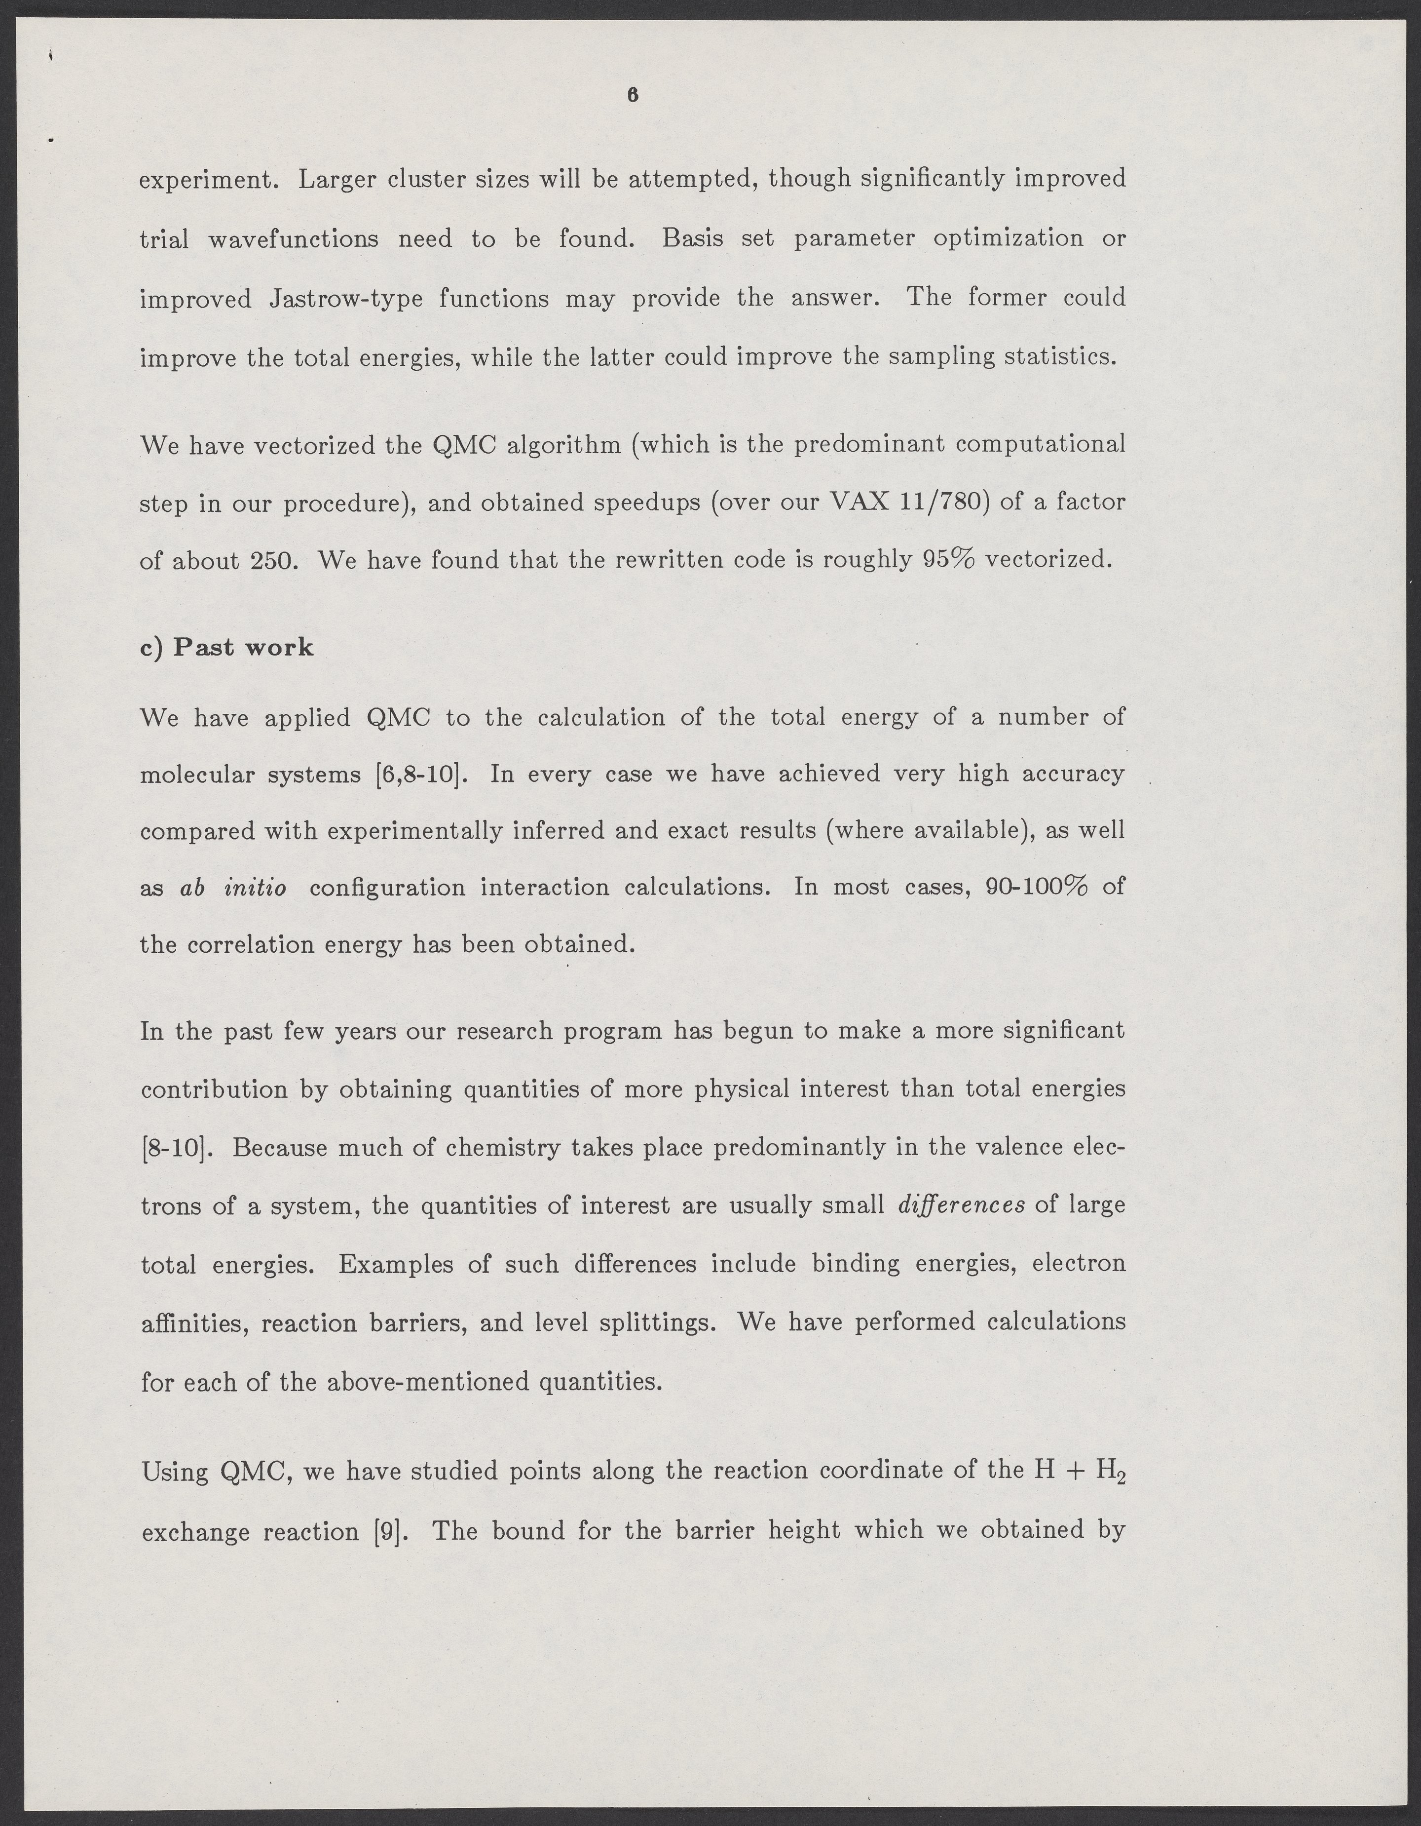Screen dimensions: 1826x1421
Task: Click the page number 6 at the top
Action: click(x=632, y=96)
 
